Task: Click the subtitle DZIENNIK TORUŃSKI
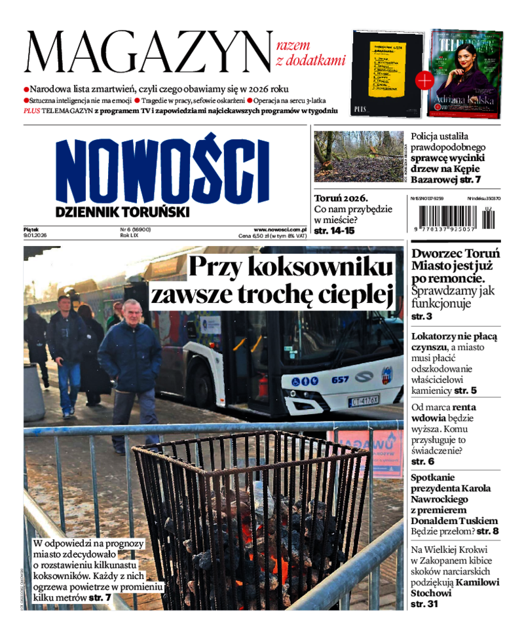click(x=122, y=211)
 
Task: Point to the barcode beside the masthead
click(x=453, y=216)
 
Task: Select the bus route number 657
click(x=339, y=379)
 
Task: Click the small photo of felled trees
click(x=358, y=156)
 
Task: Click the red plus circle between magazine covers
click(x=424, y=80)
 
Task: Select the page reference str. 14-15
click(x=334, y=231)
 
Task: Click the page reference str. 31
click(x=424, y=604)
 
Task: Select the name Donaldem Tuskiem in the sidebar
click(x=456, y=520)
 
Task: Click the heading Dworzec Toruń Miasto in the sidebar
click(x=455, y=260)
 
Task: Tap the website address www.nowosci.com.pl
click(x=280, y=230)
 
